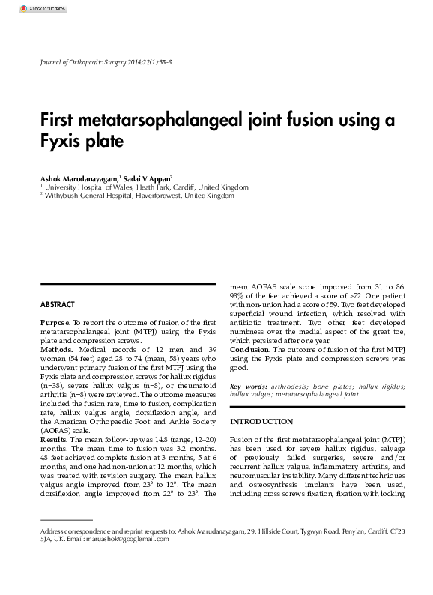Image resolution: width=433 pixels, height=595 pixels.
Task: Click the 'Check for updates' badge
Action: click(x=42, y=8)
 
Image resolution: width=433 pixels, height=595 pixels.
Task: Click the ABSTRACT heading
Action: click(x=58, y=305)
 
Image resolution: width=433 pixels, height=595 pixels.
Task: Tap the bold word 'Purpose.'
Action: click(x=55, y=322)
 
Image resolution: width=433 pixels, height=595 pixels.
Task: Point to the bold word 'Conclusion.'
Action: click(x=250, y=350)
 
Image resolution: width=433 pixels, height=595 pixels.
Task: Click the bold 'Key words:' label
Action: click(x=248, y=387)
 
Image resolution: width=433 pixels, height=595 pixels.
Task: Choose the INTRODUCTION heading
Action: click(x=261, y=422)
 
